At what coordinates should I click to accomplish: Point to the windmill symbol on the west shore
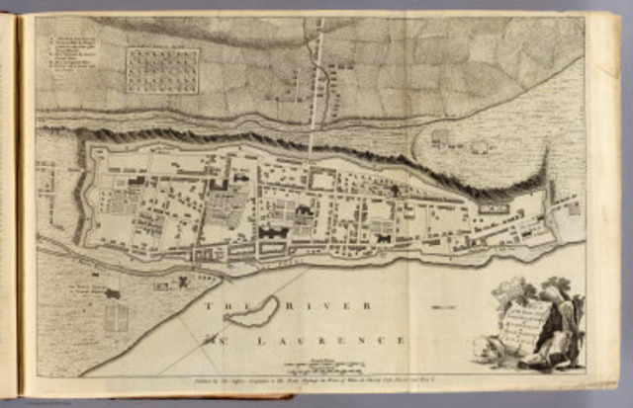(184, 283)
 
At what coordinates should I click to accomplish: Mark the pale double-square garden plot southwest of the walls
(117, 317)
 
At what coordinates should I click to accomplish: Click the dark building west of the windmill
(113, 293)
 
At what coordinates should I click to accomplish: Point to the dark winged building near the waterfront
(273, 232)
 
